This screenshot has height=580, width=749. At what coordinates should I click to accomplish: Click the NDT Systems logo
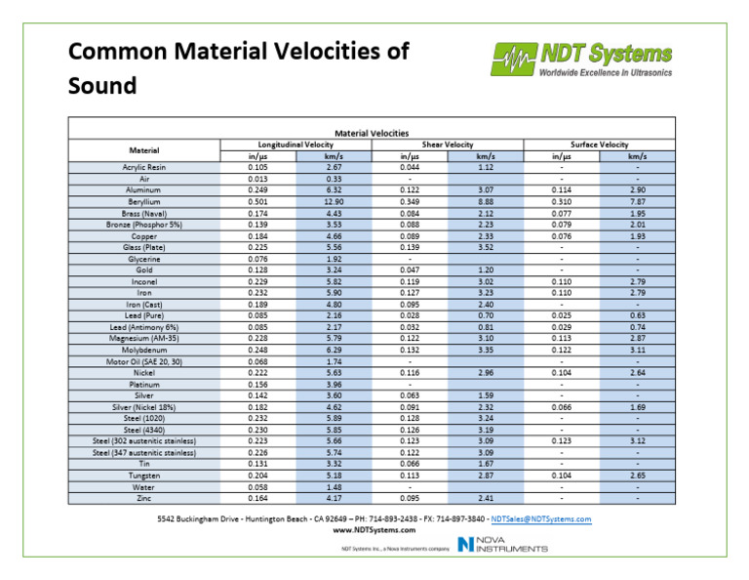coord(581,59)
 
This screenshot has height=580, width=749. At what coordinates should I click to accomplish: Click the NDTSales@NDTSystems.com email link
coord(541,519)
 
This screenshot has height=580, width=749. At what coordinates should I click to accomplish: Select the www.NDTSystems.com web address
coord(374,530)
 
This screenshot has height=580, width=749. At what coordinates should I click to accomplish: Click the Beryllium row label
coord(144,201)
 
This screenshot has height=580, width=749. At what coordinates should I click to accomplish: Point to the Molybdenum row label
coord(144,350)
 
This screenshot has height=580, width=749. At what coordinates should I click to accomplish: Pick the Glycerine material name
coord(144,259)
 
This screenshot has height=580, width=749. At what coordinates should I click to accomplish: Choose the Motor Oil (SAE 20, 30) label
coord(144,361)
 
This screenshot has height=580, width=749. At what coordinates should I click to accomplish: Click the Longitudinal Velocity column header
coord(284,144)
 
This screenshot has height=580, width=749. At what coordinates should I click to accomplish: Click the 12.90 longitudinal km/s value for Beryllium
coord(334,201)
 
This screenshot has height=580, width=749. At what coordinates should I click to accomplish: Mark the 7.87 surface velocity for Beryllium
coord(636,201)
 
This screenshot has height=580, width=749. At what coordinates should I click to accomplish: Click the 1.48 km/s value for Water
coord(334,486)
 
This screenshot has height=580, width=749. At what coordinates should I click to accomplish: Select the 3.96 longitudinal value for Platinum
coord(334,384)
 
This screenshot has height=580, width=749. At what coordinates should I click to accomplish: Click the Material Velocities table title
coord(372,132)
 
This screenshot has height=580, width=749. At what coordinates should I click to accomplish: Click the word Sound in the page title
coord(102,87)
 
